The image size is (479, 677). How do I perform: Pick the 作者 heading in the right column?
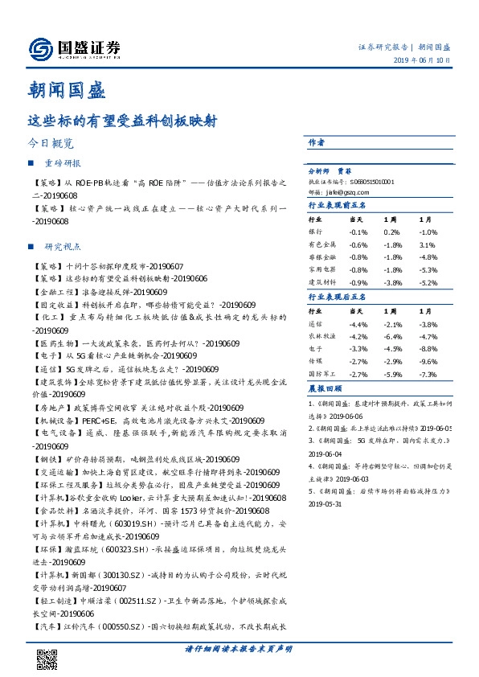(317, 142)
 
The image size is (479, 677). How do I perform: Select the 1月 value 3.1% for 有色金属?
(427, 244)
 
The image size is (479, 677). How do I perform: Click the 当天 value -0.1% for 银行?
(358, 232)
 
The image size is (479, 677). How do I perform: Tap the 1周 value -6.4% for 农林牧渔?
(392, 336)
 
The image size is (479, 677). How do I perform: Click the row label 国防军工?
(321, 375)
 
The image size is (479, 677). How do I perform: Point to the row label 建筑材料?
(321, 282)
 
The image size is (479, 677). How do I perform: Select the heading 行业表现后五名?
(338, 297)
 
